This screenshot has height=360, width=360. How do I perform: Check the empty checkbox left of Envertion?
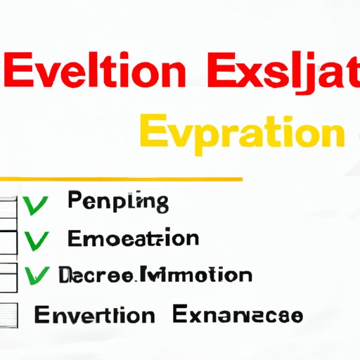coord(8,313)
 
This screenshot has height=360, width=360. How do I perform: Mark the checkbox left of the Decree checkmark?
coord(8,276)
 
